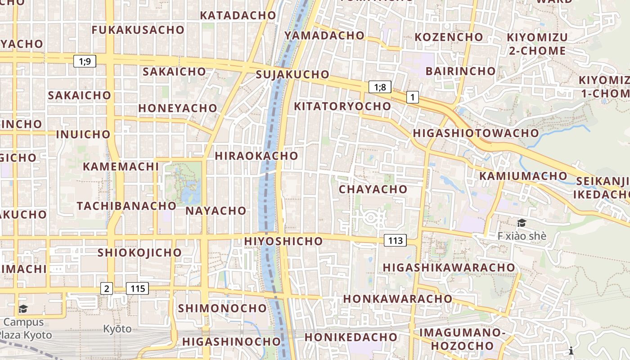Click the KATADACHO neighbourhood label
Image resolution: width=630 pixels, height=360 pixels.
click(x=238, y=15)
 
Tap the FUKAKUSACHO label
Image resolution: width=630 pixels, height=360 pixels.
click(x=138, y=30)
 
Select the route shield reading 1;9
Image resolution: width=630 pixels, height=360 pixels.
click(x=85, y=61)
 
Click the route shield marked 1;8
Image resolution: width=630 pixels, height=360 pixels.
click(x=380, y=87)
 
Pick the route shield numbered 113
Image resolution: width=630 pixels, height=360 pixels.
click(x=395, y=240)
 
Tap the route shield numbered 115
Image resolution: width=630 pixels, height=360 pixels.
click(x=137, y=288)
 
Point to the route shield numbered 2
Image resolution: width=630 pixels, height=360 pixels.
click(x=106, y=288)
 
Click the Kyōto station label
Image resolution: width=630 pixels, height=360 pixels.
click(x=117, y=329)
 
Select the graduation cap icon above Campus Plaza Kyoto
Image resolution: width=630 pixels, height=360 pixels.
click(x=23, y=309)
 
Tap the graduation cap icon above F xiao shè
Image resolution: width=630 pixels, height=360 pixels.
click(x=522, y=223)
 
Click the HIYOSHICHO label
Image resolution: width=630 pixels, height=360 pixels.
click(x=283, y=241)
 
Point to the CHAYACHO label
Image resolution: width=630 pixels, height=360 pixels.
click(x=373, y=189)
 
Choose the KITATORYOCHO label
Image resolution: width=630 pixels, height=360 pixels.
click(x=342, y=106)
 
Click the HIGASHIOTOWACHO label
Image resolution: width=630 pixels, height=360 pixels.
click(x=476, y=133)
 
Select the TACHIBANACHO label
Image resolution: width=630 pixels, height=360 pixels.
click(x=126, y=206)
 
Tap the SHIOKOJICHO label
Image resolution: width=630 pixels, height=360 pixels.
click(x=139, y=252)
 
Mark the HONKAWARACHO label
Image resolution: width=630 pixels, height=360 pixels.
click(x=398, y=299)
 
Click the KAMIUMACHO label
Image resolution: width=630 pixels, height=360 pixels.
click(x=523, y=176)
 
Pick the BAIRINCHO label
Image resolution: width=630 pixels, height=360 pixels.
click(x=460, y=71)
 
